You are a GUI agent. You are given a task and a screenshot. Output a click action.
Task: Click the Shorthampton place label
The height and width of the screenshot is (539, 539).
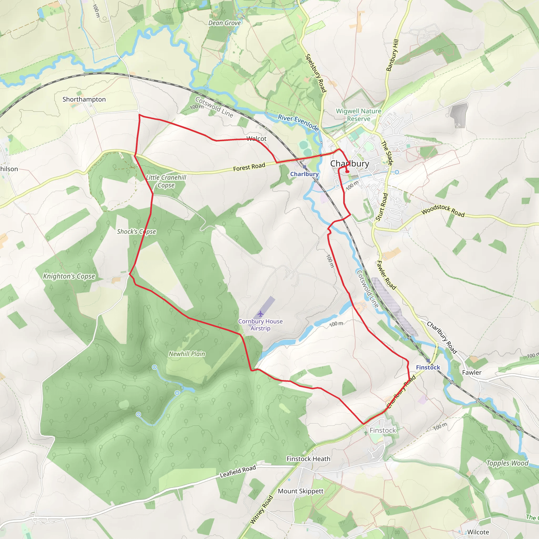pyautogui.click(x=84, y=99)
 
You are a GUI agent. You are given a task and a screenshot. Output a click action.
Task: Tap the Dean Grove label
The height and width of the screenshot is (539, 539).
pyautogui.click(x=224, y=23)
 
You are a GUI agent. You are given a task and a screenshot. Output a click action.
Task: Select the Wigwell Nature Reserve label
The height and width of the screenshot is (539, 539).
pyautogui.click(x=358, y=115)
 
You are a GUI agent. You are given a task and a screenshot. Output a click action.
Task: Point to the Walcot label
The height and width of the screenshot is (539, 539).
pyautogui.click(x=256, y=139)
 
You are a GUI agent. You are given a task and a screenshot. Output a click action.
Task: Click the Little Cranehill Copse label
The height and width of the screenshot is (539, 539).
pyautogui.click(x=166, y=181)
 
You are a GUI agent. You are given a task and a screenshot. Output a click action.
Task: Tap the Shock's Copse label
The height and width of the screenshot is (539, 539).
pyautogui.click(x=136, y=232)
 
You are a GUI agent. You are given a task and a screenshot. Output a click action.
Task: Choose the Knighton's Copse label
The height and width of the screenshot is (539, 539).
pyautogui.click(x=69, y=276)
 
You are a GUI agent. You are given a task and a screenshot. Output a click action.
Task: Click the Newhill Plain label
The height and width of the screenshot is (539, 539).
pyautogui.click(x=187, y=354)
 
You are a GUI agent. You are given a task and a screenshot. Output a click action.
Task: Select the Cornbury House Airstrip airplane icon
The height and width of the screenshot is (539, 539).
pyautogui.click(x=260, y=314)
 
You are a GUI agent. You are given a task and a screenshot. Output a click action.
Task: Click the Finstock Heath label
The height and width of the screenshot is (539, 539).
pyautogui.click(x=308, y=459)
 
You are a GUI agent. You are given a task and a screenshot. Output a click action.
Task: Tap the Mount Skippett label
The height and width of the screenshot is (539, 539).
pyautogui.click(x=301, y=491)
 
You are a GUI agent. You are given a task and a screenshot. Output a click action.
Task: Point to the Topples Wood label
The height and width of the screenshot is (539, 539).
pyautogui.click(x=507, y=463)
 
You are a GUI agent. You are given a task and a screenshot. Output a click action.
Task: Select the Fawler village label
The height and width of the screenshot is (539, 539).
pyautogui.click(x=472, y=372)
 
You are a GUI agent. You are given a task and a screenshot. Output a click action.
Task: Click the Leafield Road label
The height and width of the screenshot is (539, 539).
pyautogui.click(x=238, y=471)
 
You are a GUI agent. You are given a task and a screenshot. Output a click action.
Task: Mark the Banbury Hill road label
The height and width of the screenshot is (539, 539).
pyautogui.click(x=392, y=55)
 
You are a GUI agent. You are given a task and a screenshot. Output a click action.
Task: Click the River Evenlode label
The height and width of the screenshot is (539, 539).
pyautogui.click(x=298, y=122)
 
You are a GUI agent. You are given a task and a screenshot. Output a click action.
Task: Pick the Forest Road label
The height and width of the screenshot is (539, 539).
pyautogui.click(x=249, y=167)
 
